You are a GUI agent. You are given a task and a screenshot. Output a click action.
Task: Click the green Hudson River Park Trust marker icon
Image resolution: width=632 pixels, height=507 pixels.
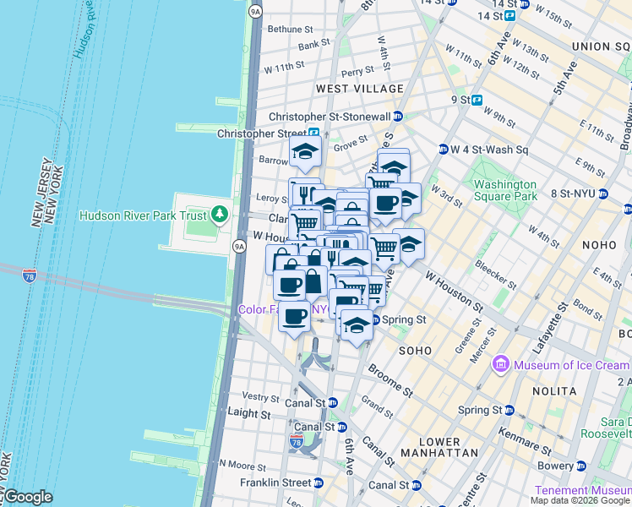221,215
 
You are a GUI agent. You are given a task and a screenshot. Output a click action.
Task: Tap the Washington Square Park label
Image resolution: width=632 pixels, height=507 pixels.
504,190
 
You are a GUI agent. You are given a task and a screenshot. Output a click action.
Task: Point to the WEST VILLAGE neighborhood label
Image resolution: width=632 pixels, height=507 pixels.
359,89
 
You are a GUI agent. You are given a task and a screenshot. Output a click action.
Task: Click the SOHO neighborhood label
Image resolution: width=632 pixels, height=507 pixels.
415,350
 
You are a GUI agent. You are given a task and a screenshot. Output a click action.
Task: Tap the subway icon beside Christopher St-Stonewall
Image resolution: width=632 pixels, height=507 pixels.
398,117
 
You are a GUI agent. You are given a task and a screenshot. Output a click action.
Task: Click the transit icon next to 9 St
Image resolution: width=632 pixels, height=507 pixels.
477,100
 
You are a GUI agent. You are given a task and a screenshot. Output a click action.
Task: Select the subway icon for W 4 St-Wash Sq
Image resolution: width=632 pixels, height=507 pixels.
443,150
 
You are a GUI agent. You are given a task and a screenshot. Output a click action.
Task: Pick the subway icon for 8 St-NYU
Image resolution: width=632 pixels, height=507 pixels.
602,194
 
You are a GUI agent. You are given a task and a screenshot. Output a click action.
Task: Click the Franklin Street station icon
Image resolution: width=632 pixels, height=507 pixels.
318,483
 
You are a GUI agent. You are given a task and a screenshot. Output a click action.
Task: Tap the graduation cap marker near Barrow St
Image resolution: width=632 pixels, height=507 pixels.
306,152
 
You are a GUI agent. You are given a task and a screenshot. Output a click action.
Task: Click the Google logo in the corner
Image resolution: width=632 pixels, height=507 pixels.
28,497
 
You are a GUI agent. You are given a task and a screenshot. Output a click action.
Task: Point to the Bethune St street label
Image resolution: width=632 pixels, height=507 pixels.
290,29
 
